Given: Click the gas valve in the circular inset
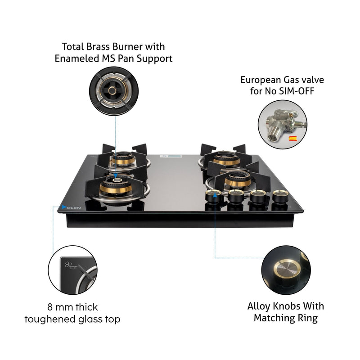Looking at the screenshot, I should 277,123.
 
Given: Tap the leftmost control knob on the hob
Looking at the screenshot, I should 212,196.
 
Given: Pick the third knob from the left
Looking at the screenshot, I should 257,197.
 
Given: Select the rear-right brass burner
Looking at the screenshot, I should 223,158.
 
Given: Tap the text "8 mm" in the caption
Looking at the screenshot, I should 59,308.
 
